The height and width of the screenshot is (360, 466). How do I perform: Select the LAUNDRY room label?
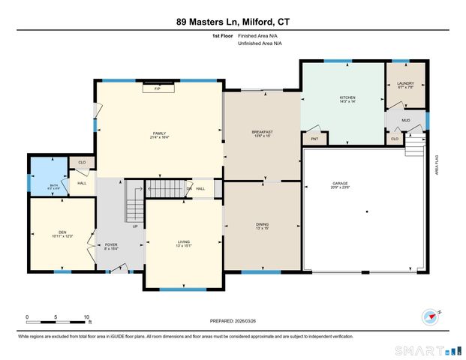(x=405, y=85)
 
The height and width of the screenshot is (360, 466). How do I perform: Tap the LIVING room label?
(x=183, y=243)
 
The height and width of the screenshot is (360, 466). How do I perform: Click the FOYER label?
(x=111, y=244)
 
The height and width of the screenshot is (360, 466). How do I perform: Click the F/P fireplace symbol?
(x=158, y=89)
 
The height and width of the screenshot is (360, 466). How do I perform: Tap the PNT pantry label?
(x=314, y=139)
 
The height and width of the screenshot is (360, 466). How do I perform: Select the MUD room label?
(x=405, y=119)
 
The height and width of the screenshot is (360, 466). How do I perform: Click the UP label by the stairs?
(x=135, y=226)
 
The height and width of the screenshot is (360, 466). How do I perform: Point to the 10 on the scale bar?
(x=87, y=316)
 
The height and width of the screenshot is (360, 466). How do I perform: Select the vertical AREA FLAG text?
(x=437, y=163)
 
